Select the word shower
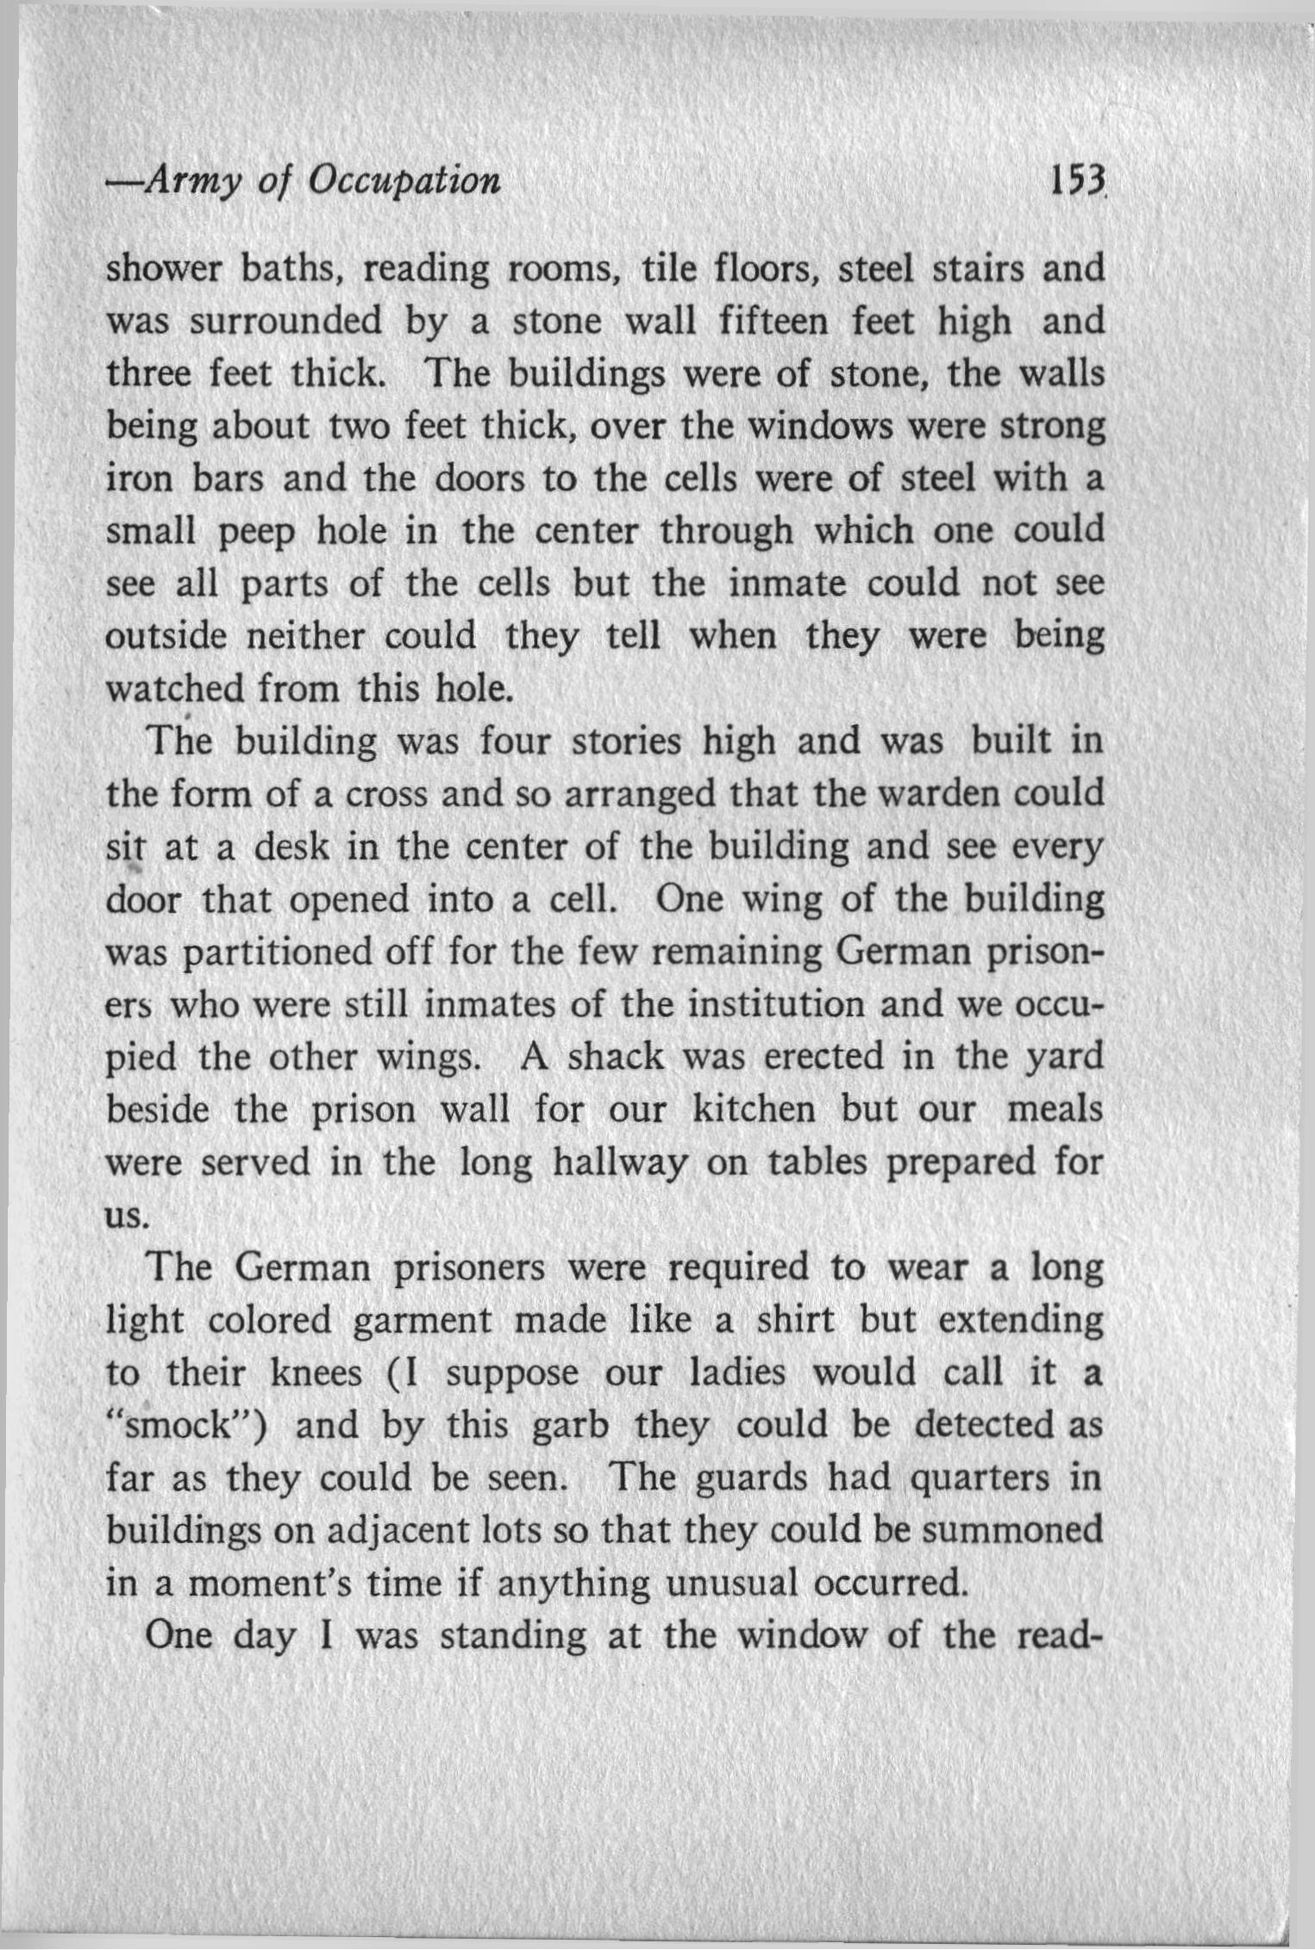[x=161, y=270]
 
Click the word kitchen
[x=754, y=1109]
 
